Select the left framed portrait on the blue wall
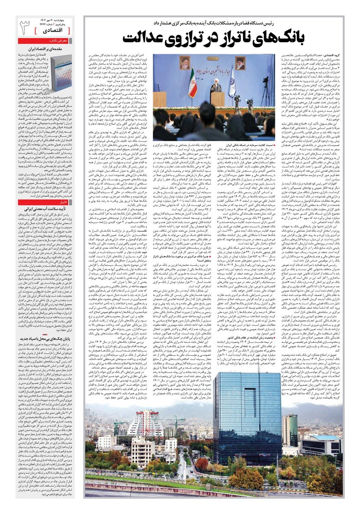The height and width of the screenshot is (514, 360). point(185,62)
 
